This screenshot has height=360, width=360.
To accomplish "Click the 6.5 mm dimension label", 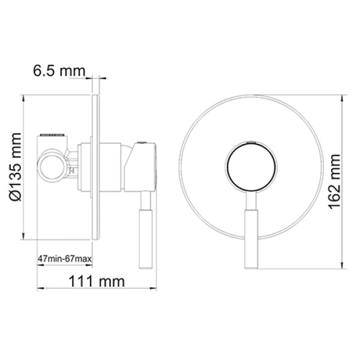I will pyautogui.click(x=58, y=71).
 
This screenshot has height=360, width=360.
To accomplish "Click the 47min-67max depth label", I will pyautogui.click(x=64, y=259).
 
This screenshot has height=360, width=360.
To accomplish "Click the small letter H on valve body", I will pyautogui.click(x=72, y=170).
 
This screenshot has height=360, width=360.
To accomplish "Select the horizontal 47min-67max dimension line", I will pyautogui.click(x=64, y=266).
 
